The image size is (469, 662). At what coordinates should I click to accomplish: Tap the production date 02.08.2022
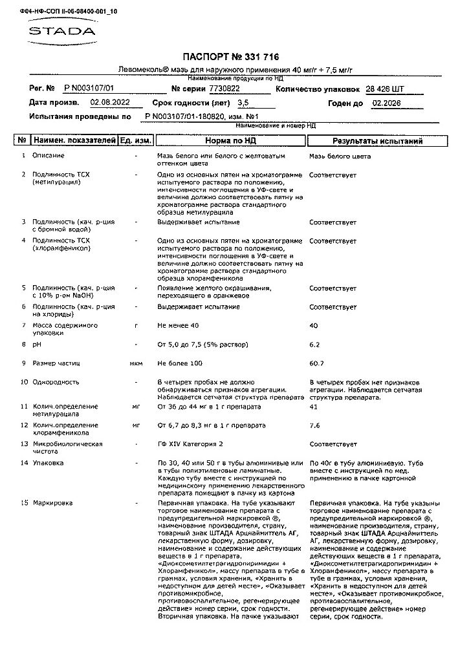pyautogui.click(x=110, y=103)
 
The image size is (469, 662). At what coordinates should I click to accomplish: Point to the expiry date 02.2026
pyautogui.click(x=386, y=103)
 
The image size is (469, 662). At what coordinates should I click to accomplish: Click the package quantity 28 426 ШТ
pyautogui.click(x=386, y=89)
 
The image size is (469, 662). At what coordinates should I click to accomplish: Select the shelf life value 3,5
pyautogui.click(x=243, y=103)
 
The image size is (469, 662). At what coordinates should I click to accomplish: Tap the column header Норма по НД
pyautogui.click(x=230, y=140)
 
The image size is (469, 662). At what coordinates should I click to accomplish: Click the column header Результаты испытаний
pyautogui.click(x=377, y=140)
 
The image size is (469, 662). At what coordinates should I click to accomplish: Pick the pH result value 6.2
pyautogui.click(x=314, y=345)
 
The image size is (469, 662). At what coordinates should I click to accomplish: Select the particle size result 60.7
pyautogui.click(x=316, y=363)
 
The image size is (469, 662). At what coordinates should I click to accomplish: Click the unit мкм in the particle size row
pyautogui.click(x=136, y=363)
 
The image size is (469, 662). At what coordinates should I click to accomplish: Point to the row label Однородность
pyautogui.click(x=56, y=382)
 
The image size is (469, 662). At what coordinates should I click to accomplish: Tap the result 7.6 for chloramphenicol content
pyautogui.click(x=314, y=425)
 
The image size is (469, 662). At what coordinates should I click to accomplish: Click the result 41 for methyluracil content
pyautogui.click(x=314, y=407)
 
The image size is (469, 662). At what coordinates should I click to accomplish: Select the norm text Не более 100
pyautogui.click(x=180, y=363)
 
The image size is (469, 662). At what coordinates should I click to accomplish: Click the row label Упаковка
pyautogui.click(x=48, y=463)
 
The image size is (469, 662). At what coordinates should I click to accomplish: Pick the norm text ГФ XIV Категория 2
pyautogui.click(x=190, y=444)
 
